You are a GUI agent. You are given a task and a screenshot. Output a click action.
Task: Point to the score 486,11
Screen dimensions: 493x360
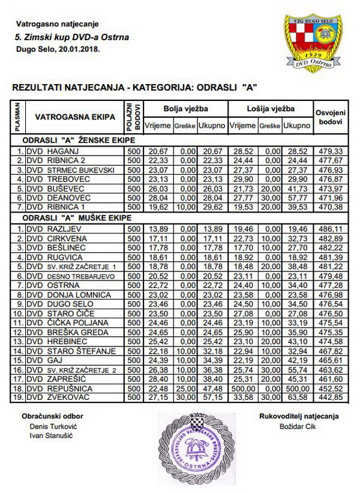tap(331, 229)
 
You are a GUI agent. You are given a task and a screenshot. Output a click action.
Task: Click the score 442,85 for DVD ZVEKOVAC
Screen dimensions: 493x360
tap(331, 398)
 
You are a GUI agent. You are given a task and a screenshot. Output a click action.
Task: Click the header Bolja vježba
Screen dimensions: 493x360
tap(186, 109)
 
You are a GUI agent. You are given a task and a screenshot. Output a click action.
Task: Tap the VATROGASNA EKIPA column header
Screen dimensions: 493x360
tap(75, 117)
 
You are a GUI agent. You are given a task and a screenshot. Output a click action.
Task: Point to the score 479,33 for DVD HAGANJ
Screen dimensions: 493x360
tap(331, 150)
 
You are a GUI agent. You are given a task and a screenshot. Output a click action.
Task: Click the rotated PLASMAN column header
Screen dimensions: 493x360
tap(17, 117)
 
